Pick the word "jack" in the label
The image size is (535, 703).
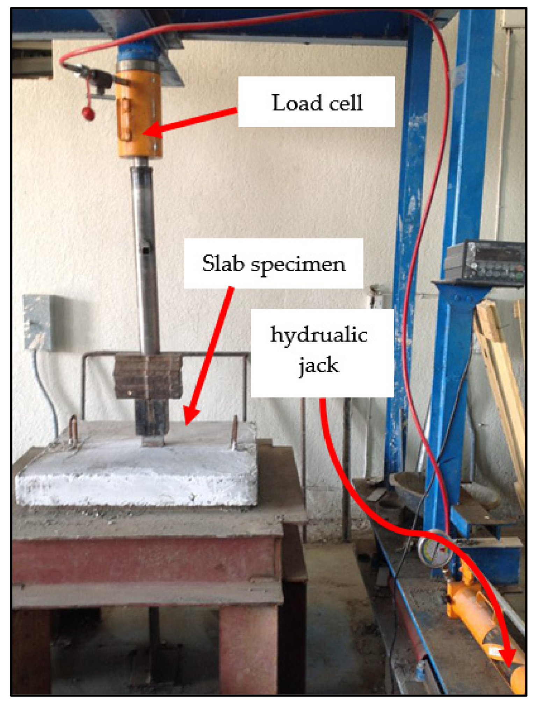[x=319, y=366]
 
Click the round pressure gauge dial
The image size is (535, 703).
[x=435, y=548]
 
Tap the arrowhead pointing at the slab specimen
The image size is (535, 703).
[x=190, y=418]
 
